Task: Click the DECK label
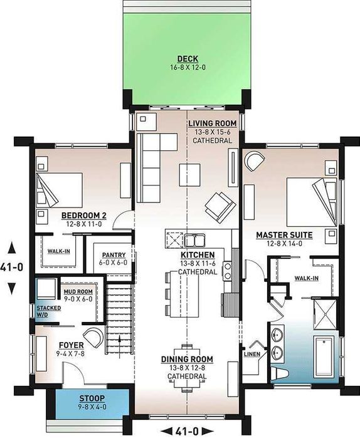click(x=188, y=59)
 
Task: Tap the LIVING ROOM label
click(x=212, y=123)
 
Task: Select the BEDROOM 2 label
click(x=84, y=216)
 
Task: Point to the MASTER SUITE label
click(x=284, y=235)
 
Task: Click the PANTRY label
click(x=114, y=255)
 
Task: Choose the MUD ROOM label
click(x=78, y=291)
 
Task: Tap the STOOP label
click(x=92, y=399)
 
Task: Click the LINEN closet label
click(x=252, y=354)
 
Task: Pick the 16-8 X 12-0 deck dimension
click(x=188, y=67)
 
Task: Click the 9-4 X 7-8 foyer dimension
click(x=70, y=353)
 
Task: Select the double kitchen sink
click(x=194, y=240)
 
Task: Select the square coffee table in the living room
click(x=190, y=175)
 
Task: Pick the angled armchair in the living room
click(x=220, y=207)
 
